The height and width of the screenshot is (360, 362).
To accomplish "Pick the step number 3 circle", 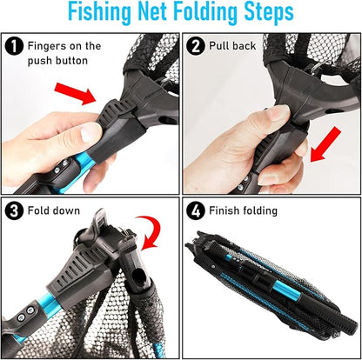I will click(x=16, y=211).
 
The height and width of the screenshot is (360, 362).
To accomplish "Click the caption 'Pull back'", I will click(x=232, y=45).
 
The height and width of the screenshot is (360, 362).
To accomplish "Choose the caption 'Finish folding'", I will click(x=248, y=211).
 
